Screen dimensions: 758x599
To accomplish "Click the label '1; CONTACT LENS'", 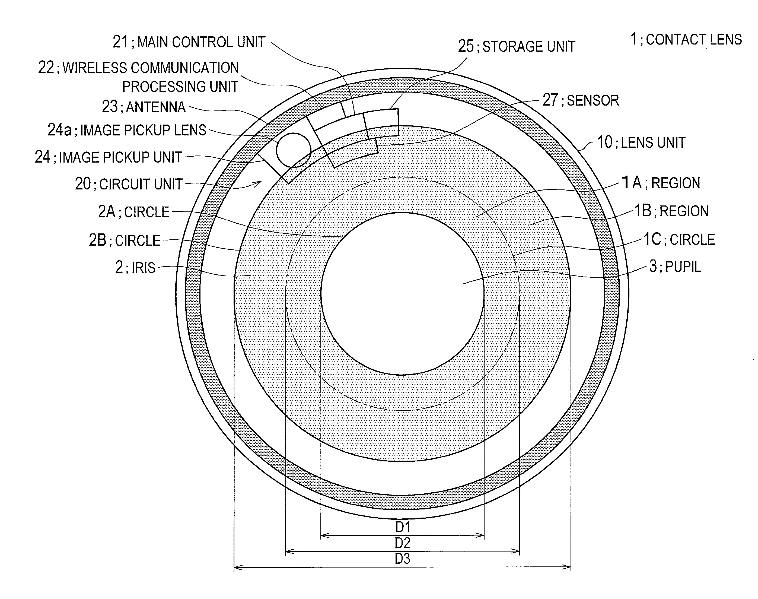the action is (x=686, y=39).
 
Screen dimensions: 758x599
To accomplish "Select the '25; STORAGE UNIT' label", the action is (x=517, y=46).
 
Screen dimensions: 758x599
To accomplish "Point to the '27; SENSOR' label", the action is (x=581, y=100).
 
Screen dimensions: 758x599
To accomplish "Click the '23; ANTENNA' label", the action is (x=144, y=107).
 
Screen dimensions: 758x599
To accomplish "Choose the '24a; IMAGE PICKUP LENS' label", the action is (x=127, y=130).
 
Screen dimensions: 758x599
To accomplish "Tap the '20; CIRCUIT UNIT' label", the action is (x=129, y=184).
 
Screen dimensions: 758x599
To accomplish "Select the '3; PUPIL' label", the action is (x=675, y=267).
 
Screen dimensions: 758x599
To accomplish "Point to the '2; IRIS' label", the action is (x=135, y=267).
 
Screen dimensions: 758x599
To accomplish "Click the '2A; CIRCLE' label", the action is (x=133, y=212).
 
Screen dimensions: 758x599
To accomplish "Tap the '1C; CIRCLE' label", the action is (x=679, y=240).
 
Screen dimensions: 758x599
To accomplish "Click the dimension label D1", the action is (x=403, y=527).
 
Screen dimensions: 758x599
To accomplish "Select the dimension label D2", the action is (x=403, y=543).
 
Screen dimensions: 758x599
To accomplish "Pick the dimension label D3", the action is (x=403, y=558).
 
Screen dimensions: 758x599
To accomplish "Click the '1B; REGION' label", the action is (x=672, y=211).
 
